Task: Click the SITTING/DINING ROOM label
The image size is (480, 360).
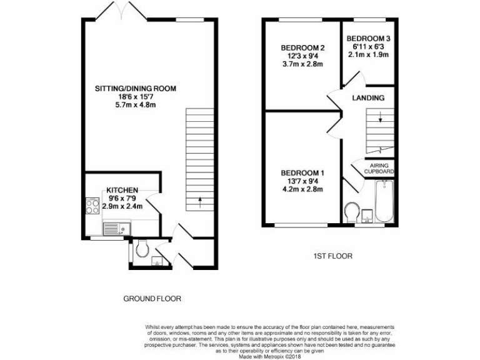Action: tap(135, 89)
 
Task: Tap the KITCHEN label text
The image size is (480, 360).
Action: tap(122, 190)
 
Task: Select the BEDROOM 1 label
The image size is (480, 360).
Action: tap(302, 172)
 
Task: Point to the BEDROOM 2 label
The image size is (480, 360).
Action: tap(302, 48)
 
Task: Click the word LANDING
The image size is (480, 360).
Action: tap(368, 98)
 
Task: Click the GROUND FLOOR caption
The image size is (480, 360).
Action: tap(152, 299)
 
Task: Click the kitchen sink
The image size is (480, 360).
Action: tap(112, 229)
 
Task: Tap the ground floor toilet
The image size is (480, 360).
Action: tap(141, 250)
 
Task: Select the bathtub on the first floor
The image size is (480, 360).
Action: tap(382, 201)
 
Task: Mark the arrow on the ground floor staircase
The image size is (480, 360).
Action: tap(199, 201)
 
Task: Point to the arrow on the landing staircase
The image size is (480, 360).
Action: tap(381, 116)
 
